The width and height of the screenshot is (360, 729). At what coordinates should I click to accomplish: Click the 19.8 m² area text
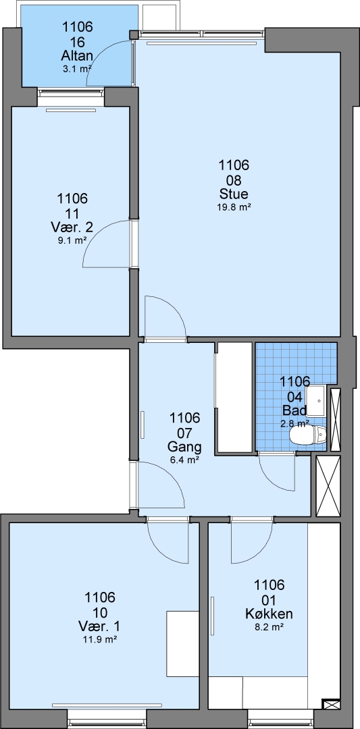click(234, 208)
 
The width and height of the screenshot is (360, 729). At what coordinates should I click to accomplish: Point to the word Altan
click(77, 56)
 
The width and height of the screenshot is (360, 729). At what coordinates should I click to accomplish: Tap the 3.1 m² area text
click(77, 70)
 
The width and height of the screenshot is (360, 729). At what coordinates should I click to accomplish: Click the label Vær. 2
click(72, 228)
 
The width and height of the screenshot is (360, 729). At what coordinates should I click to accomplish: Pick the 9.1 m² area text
click(72, 241)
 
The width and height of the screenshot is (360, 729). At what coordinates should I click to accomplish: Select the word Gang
click(184, 448)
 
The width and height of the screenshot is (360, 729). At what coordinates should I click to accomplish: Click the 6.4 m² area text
click(184, 460)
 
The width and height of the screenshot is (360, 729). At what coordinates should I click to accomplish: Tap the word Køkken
click(269, 614)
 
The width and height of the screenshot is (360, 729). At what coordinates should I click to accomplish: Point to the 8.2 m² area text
click(269, 627)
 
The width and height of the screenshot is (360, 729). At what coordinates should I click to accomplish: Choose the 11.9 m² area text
click(99, 639)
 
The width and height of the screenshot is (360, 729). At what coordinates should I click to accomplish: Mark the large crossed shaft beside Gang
click(328, 486)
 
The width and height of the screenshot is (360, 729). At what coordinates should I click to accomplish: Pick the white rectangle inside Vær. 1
click(182, 644)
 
